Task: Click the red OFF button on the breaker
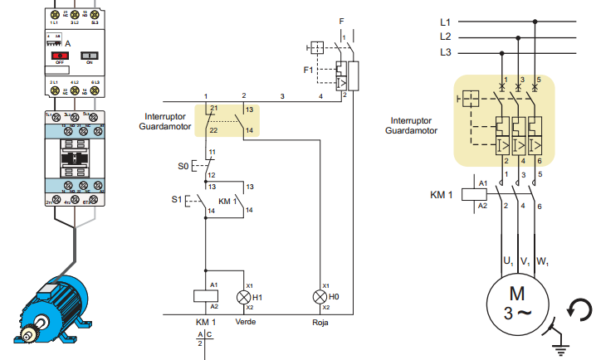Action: click(60, 55)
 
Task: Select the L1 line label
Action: click(446, 22)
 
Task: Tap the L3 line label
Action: click(446, 53)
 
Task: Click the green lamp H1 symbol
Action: click(244, 296)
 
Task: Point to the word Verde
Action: click(246, 321)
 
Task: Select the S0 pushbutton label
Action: click(183, 166)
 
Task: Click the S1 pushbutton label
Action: click(176, 200)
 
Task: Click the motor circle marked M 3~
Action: click(517, 304)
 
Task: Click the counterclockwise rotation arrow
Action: click(579, 311)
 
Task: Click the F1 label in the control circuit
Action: click(309, 70)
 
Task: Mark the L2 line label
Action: click(446, 37)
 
